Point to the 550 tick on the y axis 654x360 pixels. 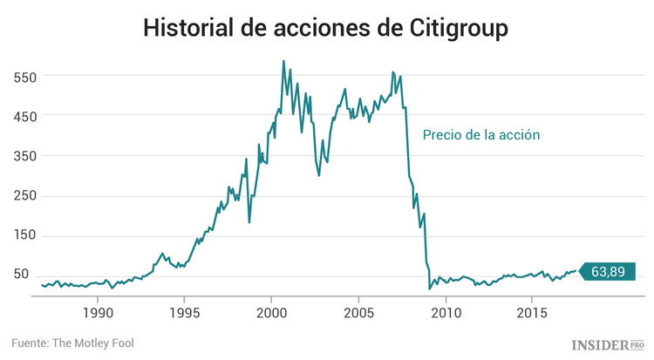point(26,77)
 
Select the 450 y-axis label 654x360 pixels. point(26,116)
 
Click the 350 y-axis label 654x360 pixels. point(26,156)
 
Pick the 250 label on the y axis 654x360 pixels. point(26,195)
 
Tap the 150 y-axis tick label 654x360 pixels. point(26,235)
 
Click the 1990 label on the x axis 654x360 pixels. point(97,312)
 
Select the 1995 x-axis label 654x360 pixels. point(184,312)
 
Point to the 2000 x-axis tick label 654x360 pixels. point(271,312)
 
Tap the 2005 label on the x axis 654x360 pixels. point(358,312)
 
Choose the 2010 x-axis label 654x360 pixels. point(446,312)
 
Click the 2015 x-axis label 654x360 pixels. point(533,312)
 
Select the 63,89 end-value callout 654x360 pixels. point(607,271)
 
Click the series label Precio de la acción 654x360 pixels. point(481,135)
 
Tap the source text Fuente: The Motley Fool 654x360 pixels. point(73,343)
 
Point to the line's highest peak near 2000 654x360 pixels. point(283,61)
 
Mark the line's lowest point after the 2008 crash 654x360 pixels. point(429,288)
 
